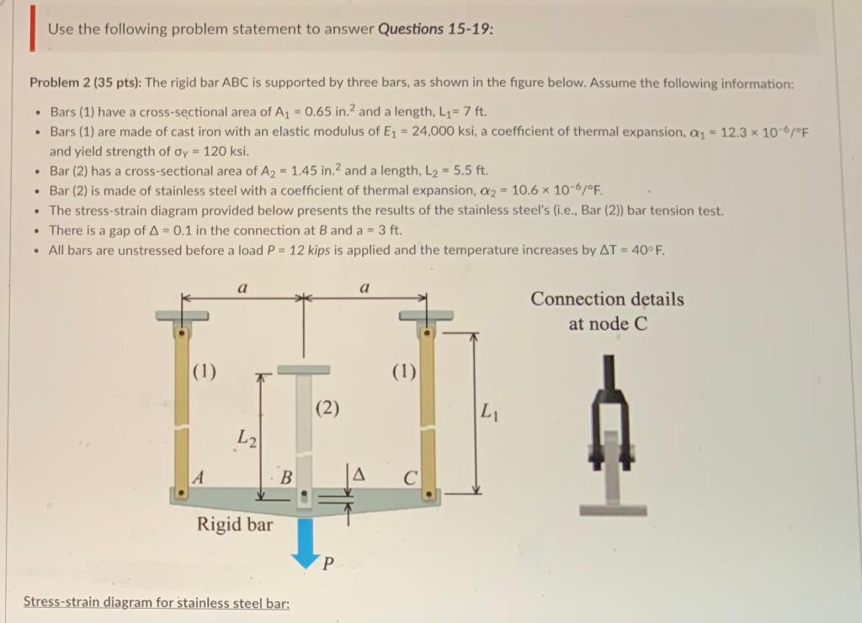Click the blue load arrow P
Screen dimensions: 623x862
click(x=305, y=538)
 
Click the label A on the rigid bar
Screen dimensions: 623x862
click(x=199, y=477)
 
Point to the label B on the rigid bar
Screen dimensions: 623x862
click(x=286, y=477)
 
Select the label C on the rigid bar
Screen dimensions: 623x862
click(x=408, y=477)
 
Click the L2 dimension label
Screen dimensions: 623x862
click(x=244, y=437)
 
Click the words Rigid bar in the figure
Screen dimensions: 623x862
click(x=235, y=524)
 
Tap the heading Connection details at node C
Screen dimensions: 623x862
click(x=607, y=310)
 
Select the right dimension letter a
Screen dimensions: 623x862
click(x=364, y=287)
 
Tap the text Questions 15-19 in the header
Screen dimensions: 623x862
click(x=435, y=29)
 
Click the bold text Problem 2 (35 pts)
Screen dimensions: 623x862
click(x=85, y=83)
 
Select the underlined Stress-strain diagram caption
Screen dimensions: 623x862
click(x=156, y=602)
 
